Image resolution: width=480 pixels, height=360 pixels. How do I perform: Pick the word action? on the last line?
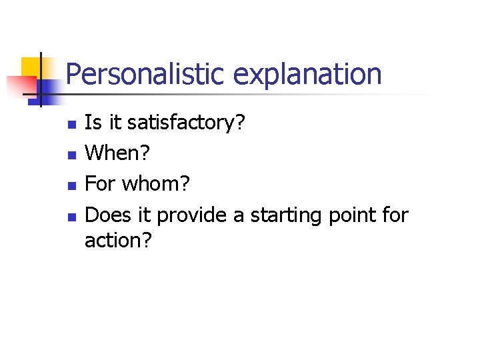click(x=118, y=240)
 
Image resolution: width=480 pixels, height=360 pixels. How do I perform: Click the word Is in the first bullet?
click(x=93, y=123)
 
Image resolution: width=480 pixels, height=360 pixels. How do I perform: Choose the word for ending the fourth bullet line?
click(x=396, y=215)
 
